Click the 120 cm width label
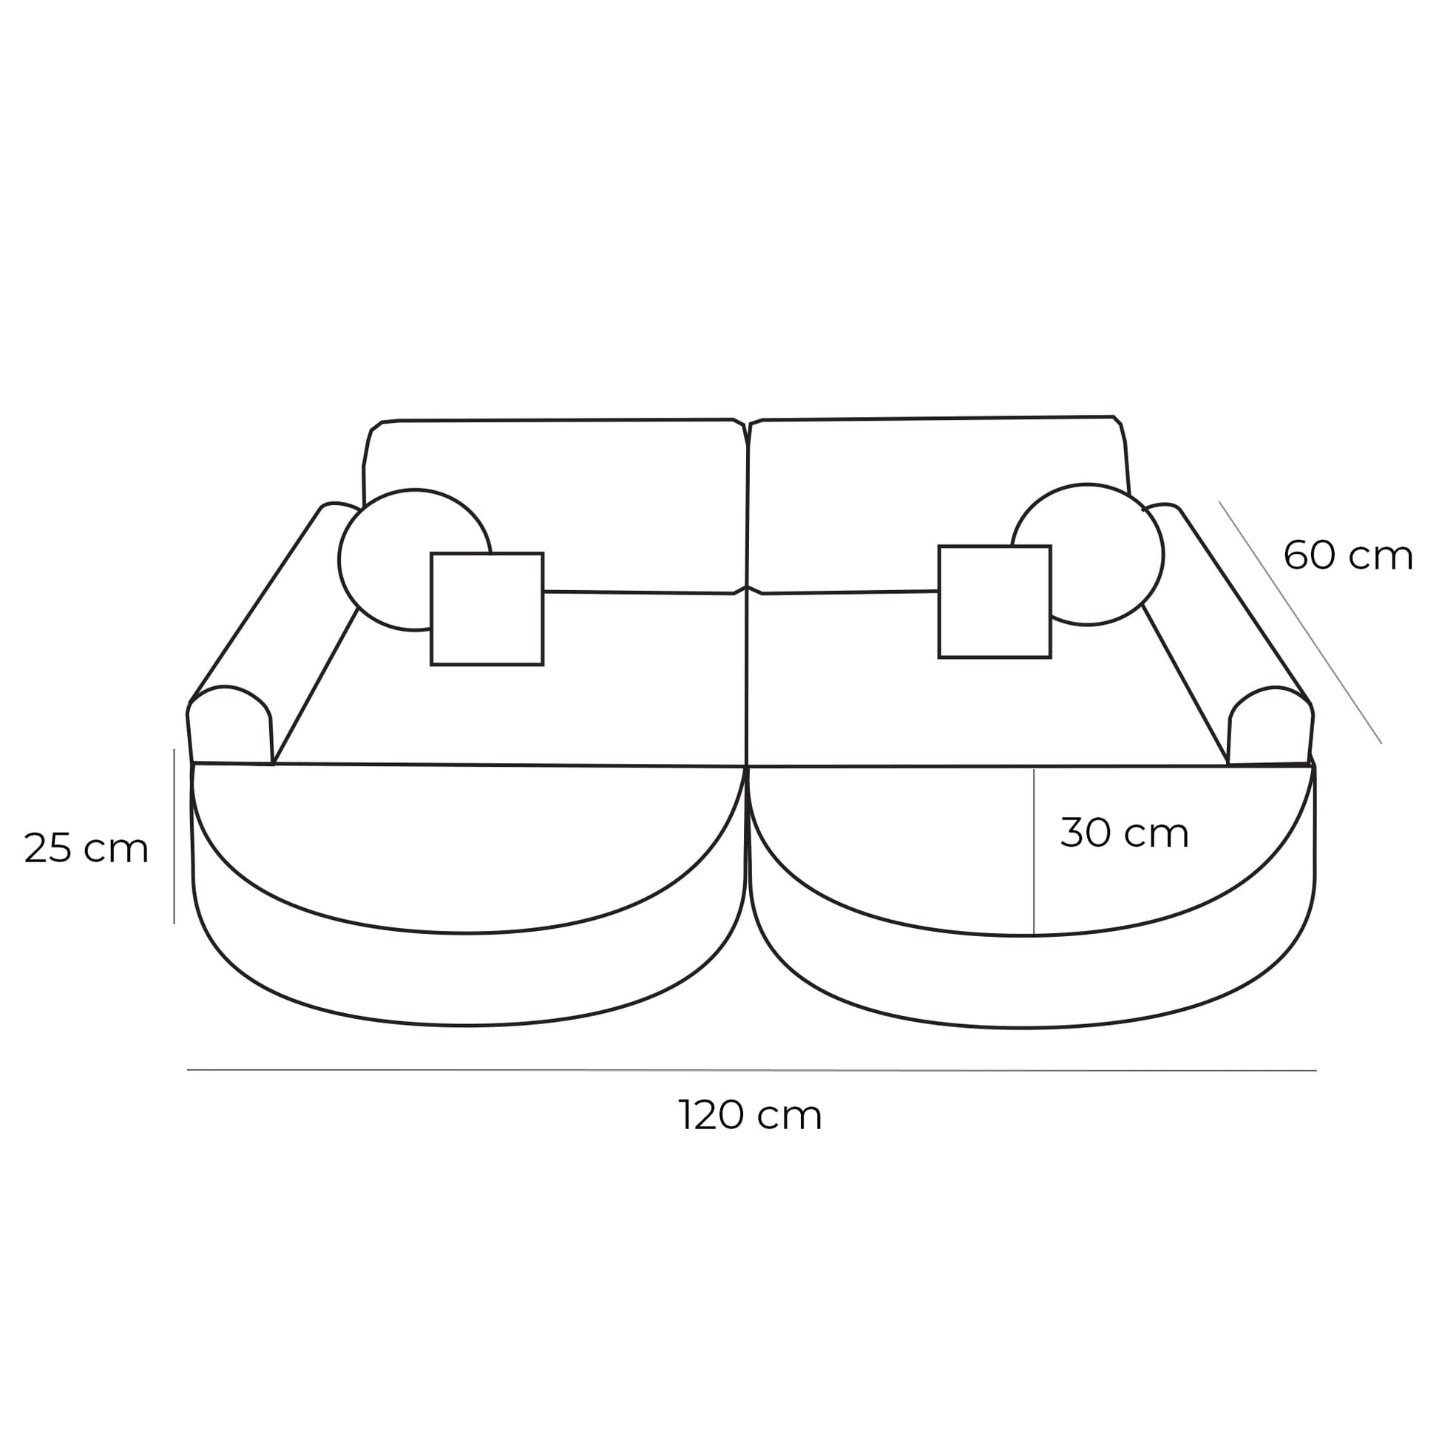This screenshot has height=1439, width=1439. click(750, 1116)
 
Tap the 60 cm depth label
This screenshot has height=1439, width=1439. click(1347, 555)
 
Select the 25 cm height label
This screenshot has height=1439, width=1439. click(87, 848)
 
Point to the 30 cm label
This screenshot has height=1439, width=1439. click(1124, 833)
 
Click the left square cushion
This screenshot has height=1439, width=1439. click(487, 609)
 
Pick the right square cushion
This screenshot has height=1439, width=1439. click(995, 602)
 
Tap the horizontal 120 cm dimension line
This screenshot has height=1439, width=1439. click(751, 1069)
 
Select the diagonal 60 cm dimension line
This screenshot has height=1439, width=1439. click(1301, 623)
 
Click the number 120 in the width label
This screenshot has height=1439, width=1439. click(711, 1116)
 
